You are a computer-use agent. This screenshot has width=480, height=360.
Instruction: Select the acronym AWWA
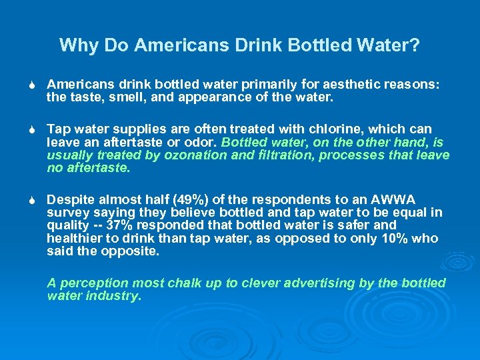point(393,200)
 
